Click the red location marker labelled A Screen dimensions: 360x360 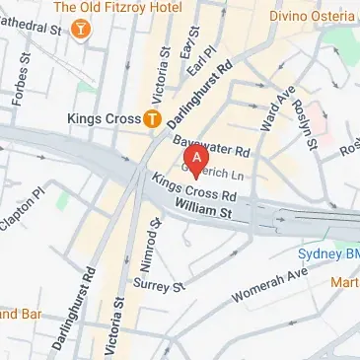click(198, 159)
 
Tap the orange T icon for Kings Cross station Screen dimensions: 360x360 click(152, 119)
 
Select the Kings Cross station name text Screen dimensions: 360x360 click(103, 119)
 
